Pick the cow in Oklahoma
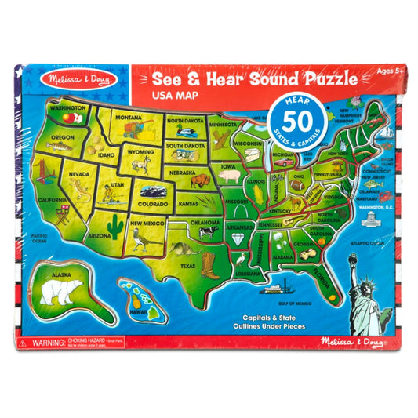click(x=209, y=231)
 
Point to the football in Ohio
click(x=296, y=183)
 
